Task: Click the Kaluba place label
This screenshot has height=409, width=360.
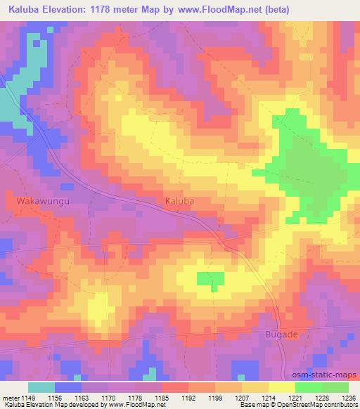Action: coord(179,201)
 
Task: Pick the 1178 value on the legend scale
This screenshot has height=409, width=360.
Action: coord(134,397)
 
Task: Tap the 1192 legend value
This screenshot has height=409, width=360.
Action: coord(188,397)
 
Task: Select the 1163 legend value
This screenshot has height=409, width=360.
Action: coord(81,397)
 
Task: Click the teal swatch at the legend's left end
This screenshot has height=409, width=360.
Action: coord(41,387)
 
